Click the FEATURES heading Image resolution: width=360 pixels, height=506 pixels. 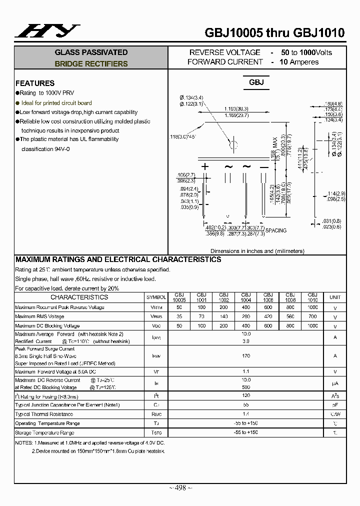(x=35, y=83)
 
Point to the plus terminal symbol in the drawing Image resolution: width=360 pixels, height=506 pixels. (x=204, y=166)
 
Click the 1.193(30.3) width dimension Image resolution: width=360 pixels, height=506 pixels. (x=236, y=108)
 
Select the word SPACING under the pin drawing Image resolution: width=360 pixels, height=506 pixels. (x=276, y=230)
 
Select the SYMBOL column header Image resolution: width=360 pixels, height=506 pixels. (x=157, y=297)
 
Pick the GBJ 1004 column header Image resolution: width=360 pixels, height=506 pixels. (x=245, y=297)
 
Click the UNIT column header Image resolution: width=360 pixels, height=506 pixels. (x=334, y=297)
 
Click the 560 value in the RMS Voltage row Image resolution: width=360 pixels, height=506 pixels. (x=290, y=316)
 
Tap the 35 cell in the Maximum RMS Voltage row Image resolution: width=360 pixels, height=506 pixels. (x=179, y=316)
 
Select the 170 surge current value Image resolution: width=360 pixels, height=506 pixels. (x=245, y=355)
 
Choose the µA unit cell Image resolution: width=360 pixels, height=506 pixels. (x=334, y=384)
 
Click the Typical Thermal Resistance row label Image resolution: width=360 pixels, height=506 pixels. (x=44, y=414)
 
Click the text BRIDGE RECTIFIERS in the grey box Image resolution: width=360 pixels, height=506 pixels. (x=91, y=64)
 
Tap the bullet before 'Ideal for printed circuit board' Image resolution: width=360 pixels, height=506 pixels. (x=17, y=102)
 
